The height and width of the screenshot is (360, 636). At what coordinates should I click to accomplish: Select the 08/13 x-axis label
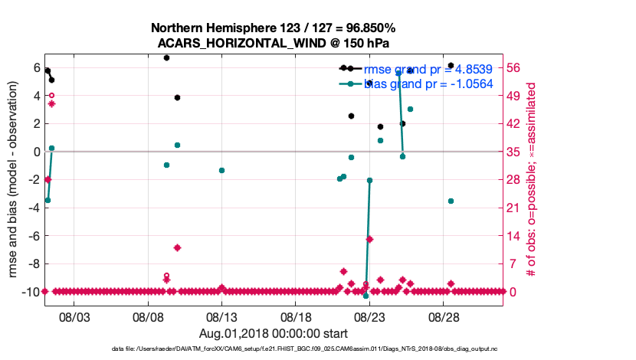[x=221, y=316]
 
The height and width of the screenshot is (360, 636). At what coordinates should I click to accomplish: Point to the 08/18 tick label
[x=295, y=316]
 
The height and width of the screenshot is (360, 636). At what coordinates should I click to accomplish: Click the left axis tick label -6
[x=32, y=236]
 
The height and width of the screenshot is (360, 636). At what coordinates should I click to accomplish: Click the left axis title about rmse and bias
[x=13, y=179]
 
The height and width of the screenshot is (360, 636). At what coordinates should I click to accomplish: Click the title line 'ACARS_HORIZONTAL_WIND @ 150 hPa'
[x=274, y=43]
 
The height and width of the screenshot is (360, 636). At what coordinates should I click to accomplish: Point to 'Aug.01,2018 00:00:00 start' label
[x=274, y=333]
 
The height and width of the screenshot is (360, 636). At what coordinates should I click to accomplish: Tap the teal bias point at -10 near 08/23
[x=366, y=296]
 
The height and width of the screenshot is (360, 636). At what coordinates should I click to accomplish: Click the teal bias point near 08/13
[x=221, y=170]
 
